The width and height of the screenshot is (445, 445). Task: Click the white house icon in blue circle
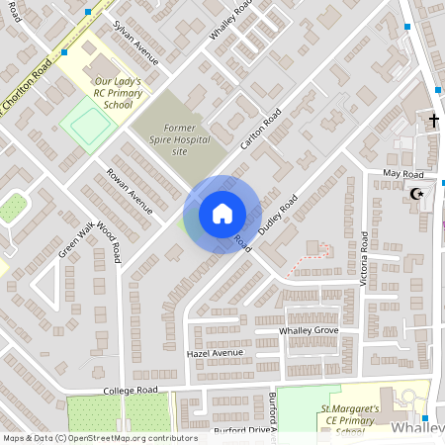222,214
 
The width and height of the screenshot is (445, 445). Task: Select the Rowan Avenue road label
131,191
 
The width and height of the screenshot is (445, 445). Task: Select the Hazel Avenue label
215,353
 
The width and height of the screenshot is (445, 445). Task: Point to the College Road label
132,392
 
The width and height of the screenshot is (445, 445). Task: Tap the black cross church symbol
433,121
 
